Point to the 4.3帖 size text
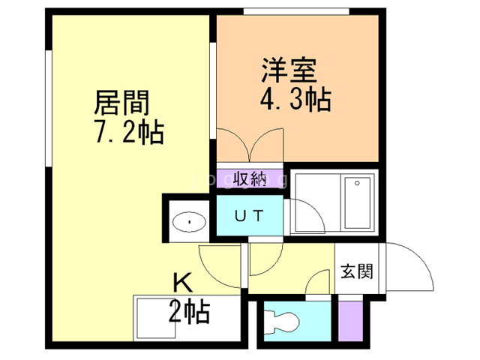coord(295,99)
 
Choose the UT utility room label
coord(249,216)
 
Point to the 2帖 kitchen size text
coord(188,309)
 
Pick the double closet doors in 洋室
coord(250,145)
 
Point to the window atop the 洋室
coord(297,10)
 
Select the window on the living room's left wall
coord(49,105)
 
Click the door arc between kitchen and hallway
coord(221,266)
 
